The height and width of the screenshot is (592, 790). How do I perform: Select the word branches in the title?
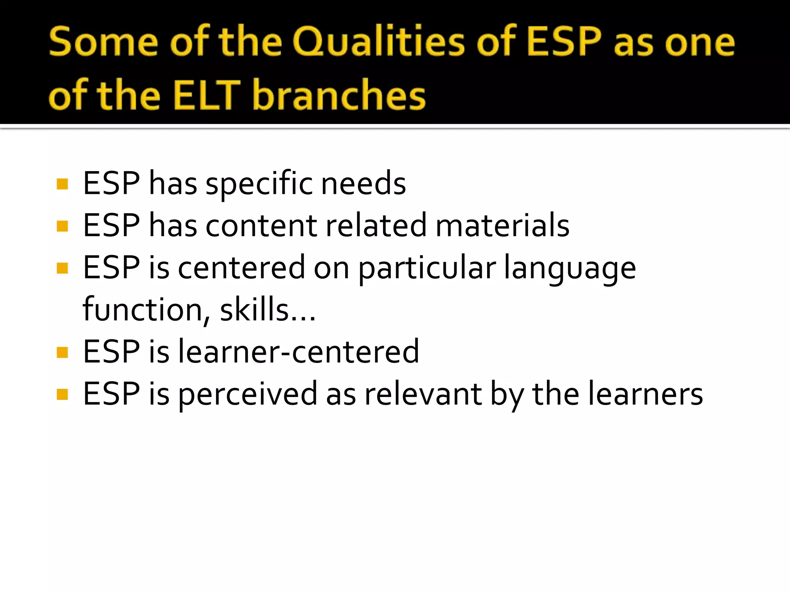pos(339,95)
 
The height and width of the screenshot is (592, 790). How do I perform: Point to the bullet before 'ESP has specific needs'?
pos(62,184)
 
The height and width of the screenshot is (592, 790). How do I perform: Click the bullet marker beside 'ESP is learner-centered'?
pos(62,352)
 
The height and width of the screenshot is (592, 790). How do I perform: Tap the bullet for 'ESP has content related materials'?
pos(62,226)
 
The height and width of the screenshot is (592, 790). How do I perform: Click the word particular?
pos(427,269)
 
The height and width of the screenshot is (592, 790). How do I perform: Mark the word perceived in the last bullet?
pos(247,394)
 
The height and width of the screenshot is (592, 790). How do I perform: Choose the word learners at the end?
pos(645,394)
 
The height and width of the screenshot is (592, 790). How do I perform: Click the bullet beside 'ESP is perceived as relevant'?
pos(62,394)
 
